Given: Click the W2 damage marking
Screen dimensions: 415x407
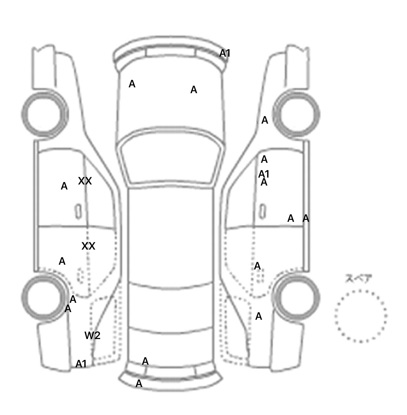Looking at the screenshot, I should pyautogui.click(x=92, y=336).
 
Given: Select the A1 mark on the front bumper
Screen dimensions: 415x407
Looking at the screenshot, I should pyautogui.click(x=225, y=53).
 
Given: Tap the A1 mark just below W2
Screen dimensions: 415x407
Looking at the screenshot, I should pyautogui.click(x=81, y=364).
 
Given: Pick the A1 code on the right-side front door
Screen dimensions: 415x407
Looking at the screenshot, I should pyautogui.click(x=264, y=174).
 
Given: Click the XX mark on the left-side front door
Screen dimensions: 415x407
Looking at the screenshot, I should pyautogui.click(x=85, y=181).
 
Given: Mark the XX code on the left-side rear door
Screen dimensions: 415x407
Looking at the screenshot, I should pyautogui.click(x=88, y=246).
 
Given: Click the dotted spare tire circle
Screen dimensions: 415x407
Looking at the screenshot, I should pyautogui.click(x=361, y=316).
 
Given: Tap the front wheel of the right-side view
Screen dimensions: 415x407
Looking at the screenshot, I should pyautogui.click(x=297, y=114).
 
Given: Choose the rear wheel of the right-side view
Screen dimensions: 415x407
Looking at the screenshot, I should pyautogui.click(x=297, y=297).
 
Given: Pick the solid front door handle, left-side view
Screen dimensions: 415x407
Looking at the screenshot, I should pyautogui.click(x=78, y=211).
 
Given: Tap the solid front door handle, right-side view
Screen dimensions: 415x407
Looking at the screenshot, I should pyautogui.click(x=262, y=211).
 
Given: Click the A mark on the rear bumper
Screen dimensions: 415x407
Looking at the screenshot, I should pyautogui.click(x=139, y=383).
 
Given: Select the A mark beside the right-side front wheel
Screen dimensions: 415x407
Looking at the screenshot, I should pyautogui.click(x=265, y=120).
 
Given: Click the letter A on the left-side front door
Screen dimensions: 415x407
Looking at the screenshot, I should pyautogui.click(x=64, y=186).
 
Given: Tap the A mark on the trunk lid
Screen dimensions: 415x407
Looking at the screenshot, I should pyautogui.click(x=145, y=361).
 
